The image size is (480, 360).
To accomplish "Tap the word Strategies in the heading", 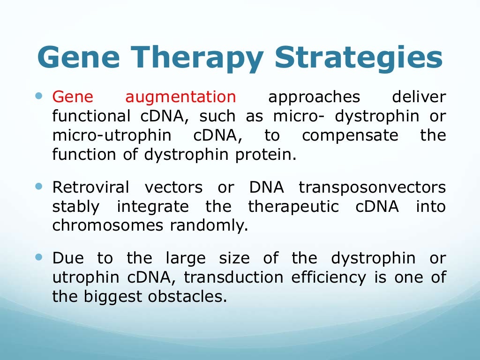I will pos(358,59).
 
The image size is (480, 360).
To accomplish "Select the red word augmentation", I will pos(180,97).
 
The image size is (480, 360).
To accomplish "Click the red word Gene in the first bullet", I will pos(73,97).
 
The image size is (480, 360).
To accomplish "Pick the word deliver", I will pos(419,97).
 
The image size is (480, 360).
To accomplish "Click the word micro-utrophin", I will pos(112,136).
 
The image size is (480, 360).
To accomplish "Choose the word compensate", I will pos(350,136).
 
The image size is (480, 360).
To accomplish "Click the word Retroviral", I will pos(90,187).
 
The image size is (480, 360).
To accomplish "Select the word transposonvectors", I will pos(372,188).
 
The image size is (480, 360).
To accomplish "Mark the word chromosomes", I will pos(107,225).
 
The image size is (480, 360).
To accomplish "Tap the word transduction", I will pos(233,277).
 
